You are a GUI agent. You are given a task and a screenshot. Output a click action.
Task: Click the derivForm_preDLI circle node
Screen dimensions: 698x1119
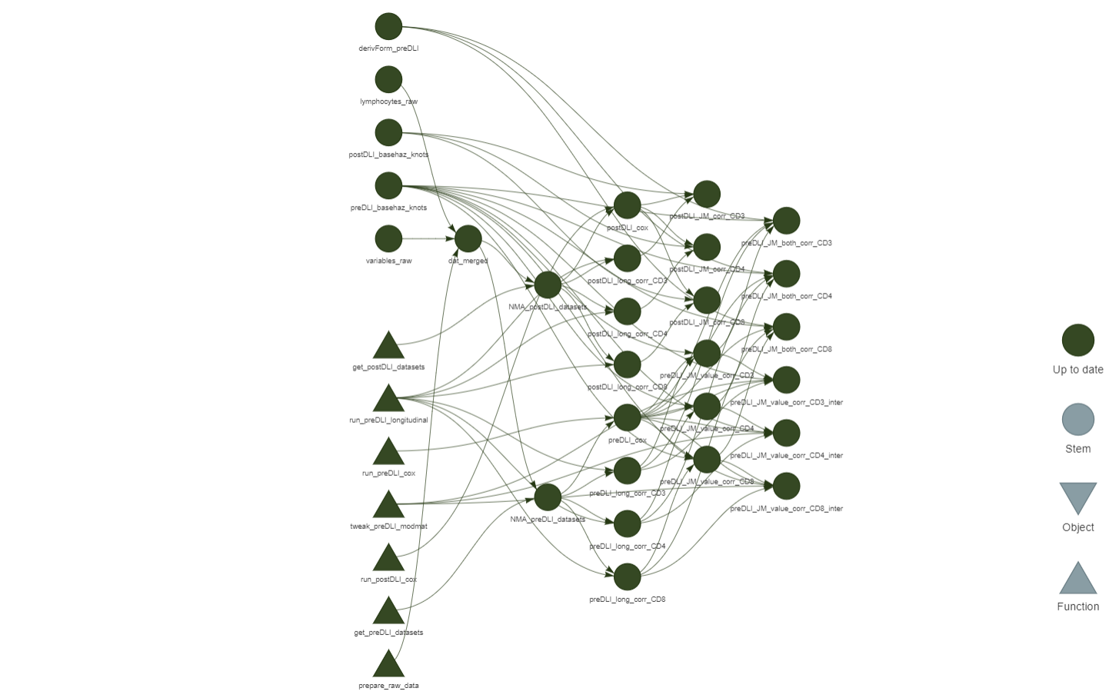388,26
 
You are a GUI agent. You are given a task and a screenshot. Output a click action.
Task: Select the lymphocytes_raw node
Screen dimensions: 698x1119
388,79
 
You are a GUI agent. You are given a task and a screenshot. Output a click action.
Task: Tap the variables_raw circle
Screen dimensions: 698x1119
388,238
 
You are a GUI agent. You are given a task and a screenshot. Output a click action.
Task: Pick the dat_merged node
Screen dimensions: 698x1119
468,238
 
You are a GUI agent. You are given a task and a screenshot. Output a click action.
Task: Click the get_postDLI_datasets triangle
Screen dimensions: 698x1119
388,347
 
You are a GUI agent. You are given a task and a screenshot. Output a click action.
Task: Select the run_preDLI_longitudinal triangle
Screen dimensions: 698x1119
388,400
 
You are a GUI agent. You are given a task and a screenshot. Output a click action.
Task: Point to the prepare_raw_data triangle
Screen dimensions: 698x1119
388,665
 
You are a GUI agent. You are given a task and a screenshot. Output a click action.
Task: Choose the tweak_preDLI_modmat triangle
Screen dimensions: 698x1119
388,506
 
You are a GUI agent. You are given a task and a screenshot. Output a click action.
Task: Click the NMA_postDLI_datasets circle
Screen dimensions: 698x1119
548,285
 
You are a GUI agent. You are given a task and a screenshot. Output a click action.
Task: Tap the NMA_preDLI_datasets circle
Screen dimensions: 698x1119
548,497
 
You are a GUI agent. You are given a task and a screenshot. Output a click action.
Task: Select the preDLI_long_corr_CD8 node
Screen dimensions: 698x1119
627,577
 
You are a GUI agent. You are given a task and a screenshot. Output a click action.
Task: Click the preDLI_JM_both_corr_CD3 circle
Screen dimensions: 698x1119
786,221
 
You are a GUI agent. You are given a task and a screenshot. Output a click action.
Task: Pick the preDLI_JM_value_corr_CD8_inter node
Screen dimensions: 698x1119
786,486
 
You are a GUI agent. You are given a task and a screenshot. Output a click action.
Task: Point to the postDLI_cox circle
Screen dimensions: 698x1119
627,205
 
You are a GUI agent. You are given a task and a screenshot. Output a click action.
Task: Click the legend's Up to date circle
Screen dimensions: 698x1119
1077,341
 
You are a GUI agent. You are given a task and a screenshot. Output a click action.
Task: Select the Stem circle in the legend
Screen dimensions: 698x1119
1077,420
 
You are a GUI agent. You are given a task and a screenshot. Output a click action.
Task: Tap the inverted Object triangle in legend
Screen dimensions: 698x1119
1077,497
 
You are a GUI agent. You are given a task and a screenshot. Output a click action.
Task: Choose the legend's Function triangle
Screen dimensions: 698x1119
1077,580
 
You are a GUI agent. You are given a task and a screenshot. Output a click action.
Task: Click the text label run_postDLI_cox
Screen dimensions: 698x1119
388,580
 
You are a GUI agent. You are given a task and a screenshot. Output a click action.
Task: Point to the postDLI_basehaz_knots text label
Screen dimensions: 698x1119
388,155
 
